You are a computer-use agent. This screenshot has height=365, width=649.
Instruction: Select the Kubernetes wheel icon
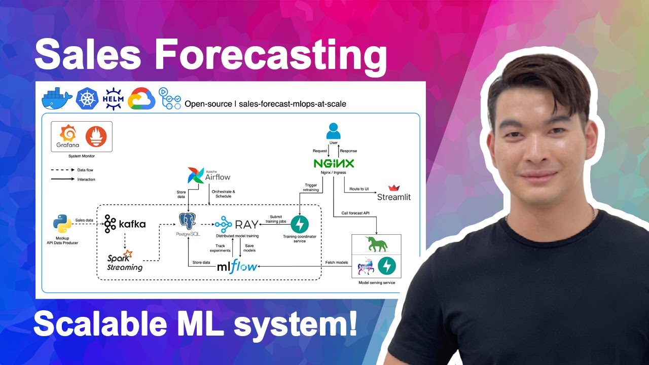coord(87,98)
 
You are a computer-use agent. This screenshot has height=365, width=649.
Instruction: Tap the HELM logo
coord(113,98)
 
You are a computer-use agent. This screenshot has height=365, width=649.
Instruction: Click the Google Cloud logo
coord(141,98)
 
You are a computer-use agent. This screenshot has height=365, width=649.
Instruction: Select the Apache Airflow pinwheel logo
coord(195,175)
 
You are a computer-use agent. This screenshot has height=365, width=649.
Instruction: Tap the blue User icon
coord(333,131)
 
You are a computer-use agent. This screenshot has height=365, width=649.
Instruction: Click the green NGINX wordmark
coord(333,163)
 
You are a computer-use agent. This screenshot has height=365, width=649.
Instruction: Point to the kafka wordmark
coord(125,224)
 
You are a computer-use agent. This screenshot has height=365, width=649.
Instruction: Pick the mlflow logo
coord(237,266)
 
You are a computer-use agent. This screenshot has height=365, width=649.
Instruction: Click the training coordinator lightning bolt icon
coord(300,224)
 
